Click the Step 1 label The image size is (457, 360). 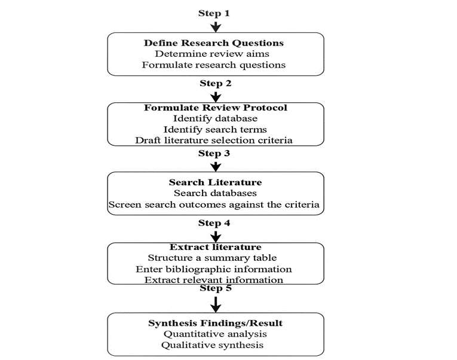pyautogui.click(x=214, y=13)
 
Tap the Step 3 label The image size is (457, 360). pyautogui.click(x=214, y=153)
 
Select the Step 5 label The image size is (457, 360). pyautogui.click(x=216, y=288)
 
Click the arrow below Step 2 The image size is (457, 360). pyautogui.click(x=216, y=97)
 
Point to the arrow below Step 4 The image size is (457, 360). pyautogui.click(x=216, y=237)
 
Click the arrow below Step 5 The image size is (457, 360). pyautogui.click(x=216, y=304)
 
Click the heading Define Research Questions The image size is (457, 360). pyautogui.click(x=214, y=43)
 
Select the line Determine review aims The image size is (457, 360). pyautogui.click(x=212, y=54)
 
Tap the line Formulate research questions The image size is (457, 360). pyautogui.click(x=214, y=65)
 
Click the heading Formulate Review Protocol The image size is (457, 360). pyautogui.click(x=216, y=108)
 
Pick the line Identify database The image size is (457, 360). pyautogui.click(x=216, y=118)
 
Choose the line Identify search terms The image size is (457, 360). pyautogui.click(x=215, y=129)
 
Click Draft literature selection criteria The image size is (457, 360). pyautogui.click(x=214, y=141)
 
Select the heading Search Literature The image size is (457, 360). pyautogui.click(x=216, y=182)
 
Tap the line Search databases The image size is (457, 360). pyautogui.click(x=216, y=193)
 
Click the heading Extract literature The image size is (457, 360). pyautogui.click(x=216, y=247)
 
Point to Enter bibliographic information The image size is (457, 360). pyautogui.click(x=214, y=269)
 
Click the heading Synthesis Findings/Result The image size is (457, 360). pyautogui.click(x=216, y=324)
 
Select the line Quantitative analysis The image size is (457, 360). pyautogui.click(x=215, y=334)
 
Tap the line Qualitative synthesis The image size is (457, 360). pyautogui.click(x=212, y=345)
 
